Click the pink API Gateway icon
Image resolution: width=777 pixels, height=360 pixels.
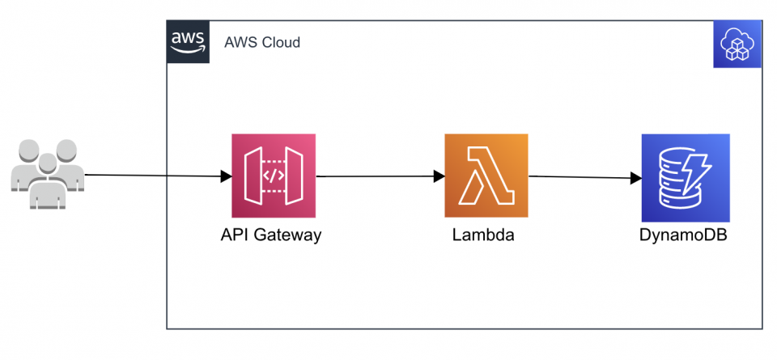(x=273, y=176)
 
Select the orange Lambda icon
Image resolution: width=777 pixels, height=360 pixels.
(x=486, y=176)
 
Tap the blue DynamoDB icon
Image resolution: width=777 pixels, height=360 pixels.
(x=685, y=178)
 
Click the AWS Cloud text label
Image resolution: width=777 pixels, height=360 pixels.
(x=261, y=42)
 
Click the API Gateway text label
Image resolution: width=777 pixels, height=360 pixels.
(x=271, y=236)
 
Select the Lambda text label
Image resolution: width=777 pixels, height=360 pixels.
(x=483, y=236)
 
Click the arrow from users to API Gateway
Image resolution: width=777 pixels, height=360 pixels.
(x=154, y=175)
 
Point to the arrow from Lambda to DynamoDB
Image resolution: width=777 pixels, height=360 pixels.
(x=579, y=176)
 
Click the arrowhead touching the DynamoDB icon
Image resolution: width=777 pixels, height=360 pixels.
(x=635, y=177)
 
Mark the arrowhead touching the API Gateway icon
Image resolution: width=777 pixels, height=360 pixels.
(x=227, y=176)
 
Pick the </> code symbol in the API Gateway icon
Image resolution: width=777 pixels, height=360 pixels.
(x=273, y=176)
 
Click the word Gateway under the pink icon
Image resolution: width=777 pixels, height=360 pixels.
(x=292, y=236)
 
